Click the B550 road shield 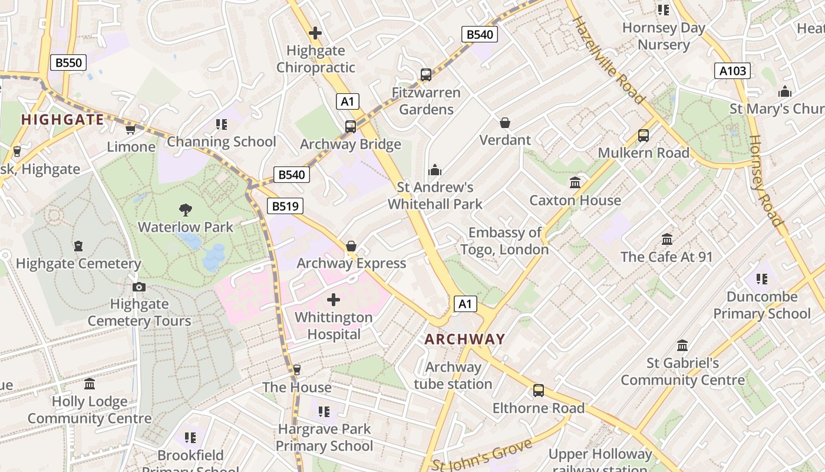point(68,63)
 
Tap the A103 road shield point(733,71)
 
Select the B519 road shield point(285,206)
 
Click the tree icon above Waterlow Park point(186,209)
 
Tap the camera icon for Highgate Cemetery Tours point(139,287)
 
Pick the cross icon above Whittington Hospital point(334,300)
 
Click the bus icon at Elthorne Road point(539,391)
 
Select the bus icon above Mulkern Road point(643,136)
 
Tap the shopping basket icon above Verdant point(505,123)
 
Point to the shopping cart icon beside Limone point(130,129)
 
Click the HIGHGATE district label point(62,120)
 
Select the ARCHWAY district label point(465,339)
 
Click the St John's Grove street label point(483,456)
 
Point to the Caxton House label point(575,201)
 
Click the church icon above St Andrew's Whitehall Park point(435,171)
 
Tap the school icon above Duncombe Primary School point(761,278)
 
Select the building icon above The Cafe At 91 point(667,240)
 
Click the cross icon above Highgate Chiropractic point(315,33)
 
